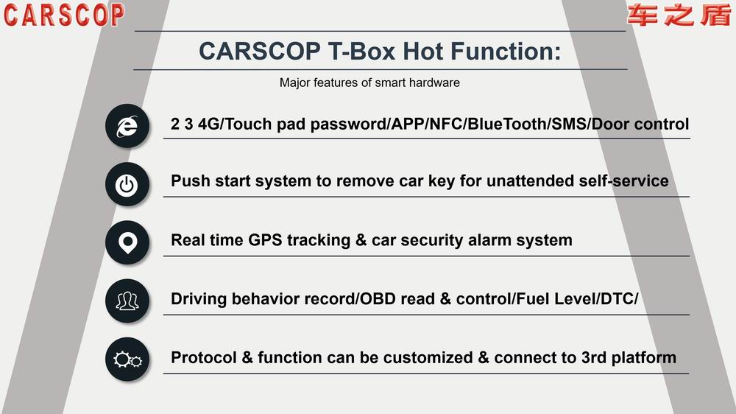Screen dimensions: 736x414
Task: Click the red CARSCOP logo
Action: click(x=64, y=15)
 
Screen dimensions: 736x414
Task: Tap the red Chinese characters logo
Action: click(x=679, y=15)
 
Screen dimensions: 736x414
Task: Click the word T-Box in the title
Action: click(x=361, y=51)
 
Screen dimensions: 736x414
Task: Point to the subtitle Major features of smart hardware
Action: click(x=369, y=83)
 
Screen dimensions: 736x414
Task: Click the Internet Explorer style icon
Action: click(x=127, y=126)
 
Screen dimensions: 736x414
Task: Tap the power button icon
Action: click(x=127, y=184)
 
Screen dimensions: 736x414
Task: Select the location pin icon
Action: click(x=127, y=242)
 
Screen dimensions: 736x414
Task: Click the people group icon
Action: click(x=127, y=301)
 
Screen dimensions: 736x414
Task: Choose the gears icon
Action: click(x=127, y=359)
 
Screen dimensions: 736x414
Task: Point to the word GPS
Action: click(x=265, y=240)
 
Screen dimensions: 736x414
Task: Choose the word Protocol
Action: click(x=204, y=357)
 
